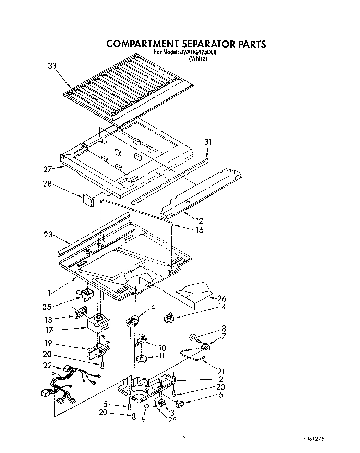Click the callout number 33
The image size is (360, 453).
[52, 66]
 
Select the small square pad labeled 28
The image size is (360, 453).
[87, 199]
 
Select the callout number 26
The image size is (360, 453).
[221, 299]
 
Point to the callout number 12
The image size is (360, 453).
[199, 221]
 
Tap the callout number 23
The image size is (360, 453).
[48, 235]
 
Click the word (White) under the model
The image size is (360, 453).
[198, 59]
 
